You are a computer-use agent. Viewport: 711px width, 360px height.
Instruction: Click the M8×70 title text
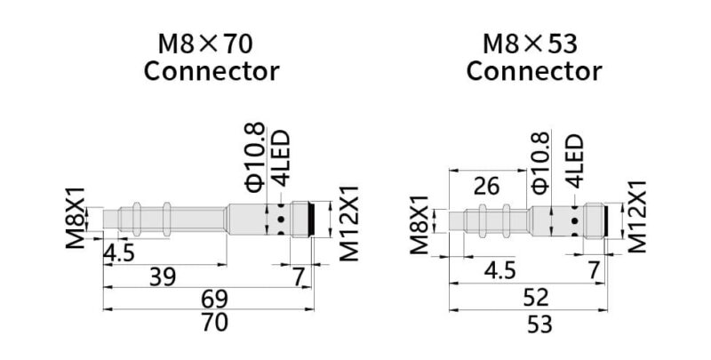click(x=211, y=43)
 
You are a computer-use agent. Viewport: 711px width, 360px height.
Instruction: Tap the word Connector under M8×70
click(x=212, y=71)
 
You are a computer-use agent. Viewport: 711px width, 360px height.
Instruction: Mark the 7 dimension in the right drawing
click(x=595, y=270)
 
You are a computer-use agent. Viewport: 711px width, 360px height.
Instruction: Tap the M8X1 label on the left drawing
click(x=76, y=218)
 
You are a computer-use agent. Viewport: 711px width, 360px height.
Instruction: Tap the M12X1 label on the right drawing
click(x=636, y=218)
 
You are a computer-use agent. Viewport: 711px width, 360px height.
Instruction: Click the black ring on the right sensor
click(x=603, y=219)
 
